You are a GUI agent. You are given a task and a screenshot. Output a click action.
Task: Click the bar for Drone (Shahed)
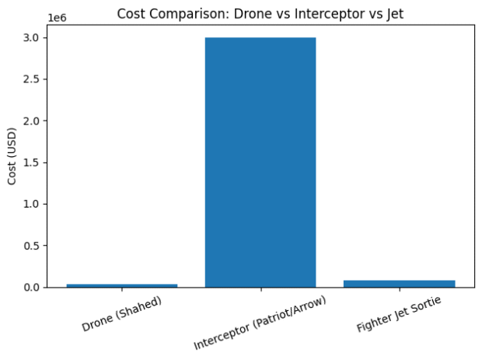click(x=121, y=285)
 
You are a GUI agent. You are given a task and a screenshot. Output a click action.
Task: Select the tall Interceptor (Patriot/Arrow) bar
click(x=260, y=162)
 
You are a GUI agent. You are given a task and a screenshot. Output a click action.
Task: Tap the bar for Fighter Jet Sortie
click(x=399, y=284)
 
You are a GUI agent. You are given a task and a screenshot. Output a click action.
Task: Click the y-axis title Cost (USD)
click(x=12, y=156)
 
